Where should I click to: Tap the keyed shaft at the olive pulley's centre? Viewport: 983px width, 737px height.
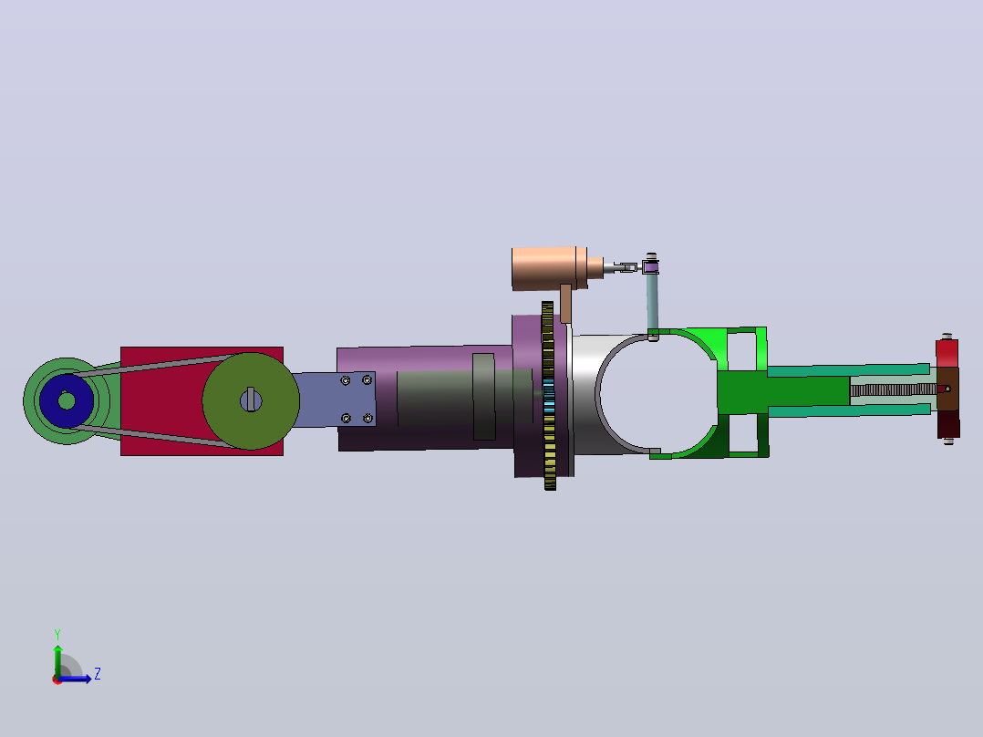coord(251,400)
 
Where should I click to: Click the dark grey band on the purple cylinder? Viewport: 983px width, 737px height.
coord(484,397)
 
